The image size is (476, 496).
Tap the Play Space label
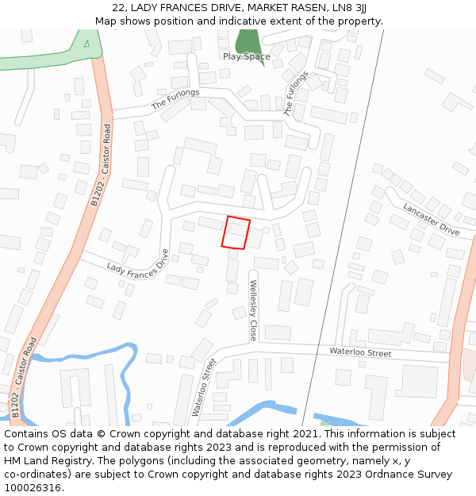click(246, 56)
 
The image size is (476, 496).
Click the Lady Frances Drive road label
click(138, 268)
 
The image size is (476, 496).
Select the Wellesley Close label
click(253, 310)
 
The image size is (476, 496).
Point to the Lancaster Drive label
click(431, 220)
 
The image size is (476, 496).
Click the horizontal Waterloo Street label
click(360, 352)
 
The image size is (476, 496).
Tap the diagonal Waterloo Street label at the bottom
click(203, 388)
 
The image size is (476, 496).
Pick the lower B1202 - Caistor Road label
click(24, 378)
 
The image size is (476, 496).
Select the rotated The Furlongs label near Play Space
click(296, 94)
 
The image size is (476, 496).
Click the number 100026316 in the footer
click(33, 487)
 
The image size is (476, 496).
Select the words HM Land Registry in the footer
click(44, 460)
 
